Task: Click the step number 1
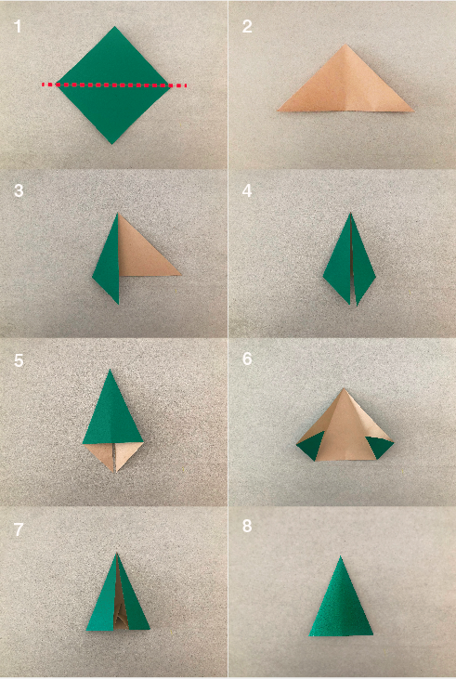click(x=18, y=26)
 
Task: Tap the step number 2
click(x=247, y=26)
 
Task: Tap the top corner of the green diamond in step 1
click(x=114, y=28)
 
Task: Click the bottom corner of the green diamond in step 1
click(x=112, y=142)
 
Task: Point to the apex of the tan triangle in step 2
click(x=345, y=46)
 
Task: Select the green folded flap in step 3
click(x=108, y=260)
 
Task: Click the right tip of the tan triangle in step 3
click(x=179, y=274)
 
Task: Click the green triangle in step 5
click(x=111, y=413)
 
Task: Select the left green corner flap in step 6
click(x=308, y=449)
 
